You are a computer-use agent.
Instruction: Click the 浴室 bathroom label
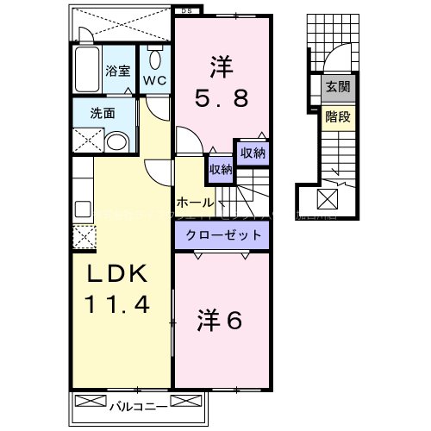[x=118, y=72]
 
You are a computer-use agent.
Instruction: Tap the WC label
[x=155, y=80]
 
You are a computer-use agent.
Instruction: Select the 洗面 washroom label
[x=104, y=112]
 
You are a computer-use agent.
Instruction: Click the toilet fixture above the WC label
[x=155, y=58]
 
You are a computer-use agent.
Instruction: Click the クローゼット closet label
[x=222, y=234]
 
